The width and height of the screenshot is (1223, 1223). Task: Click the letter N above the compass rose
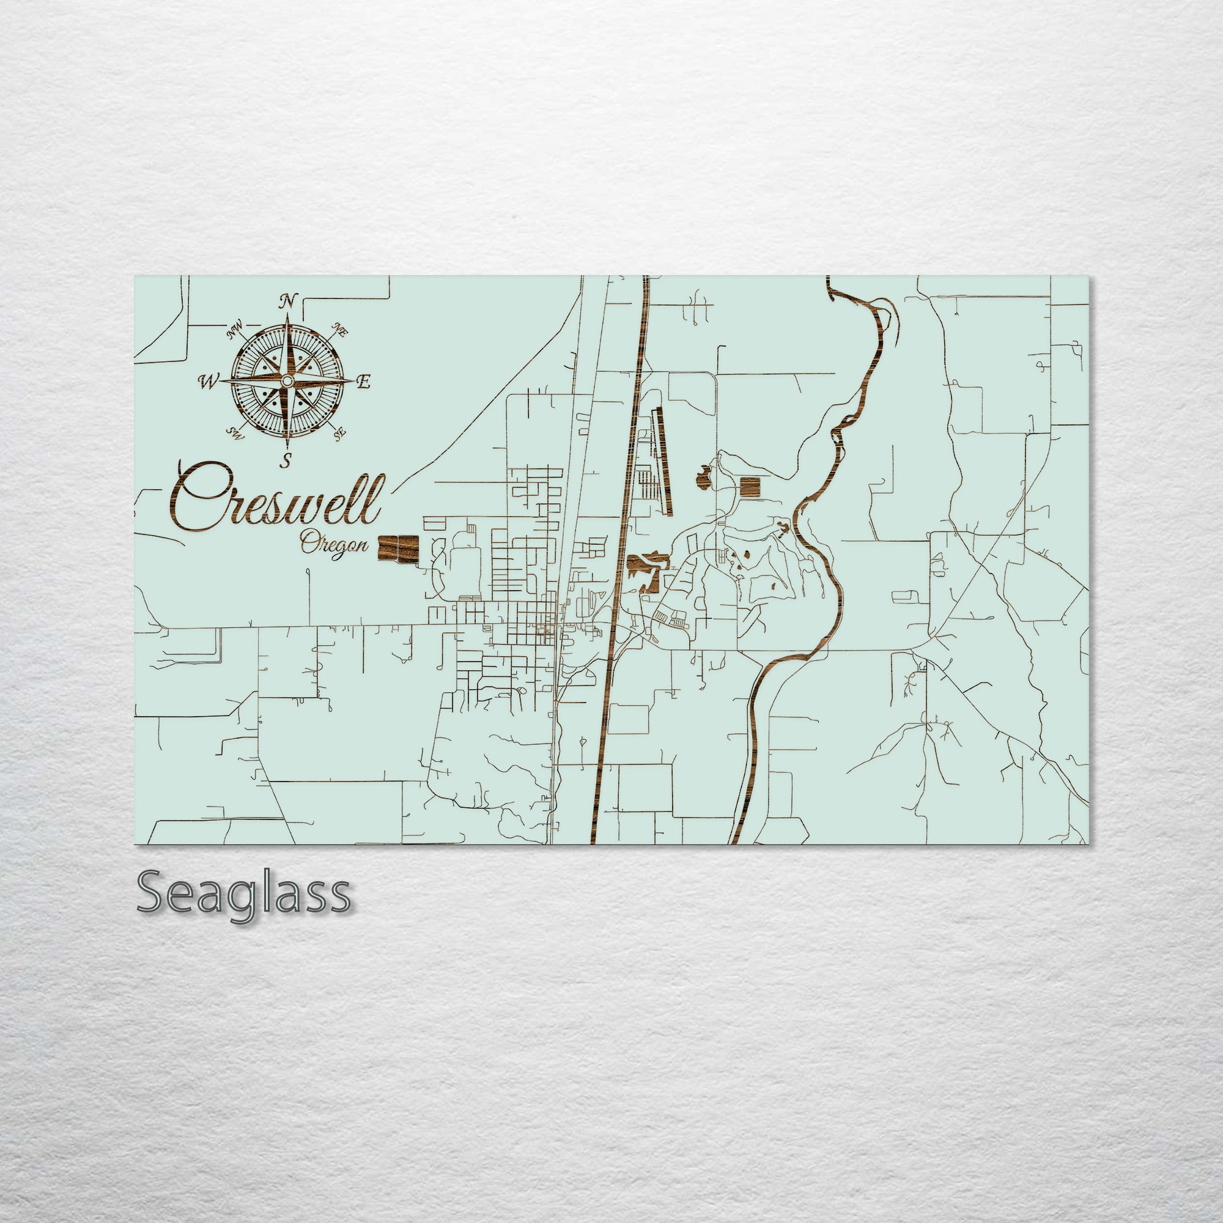(x=289, y=301)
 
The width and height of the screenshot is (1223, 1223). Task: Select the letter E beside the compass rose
(x=363, y=382)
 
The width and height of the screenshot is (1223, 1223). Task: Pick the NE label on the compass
(x=340, y=329)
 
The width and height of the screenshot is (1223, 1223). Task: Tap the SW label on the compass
(x=235, y=434)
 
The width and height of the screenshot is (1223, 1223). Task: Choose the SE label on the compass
(x=340, y=434)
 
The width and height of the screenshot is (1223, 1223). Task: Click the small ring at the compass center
(x=287, y=381)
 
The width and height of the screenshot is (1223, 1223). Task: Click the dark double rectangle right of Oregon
(x=398, y=548)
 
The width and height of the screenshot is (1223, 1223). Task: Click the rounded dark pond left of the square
(x=703, y=478)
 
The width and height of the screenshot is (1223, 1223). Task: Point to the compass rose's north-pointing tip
(x=288, y=316)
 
